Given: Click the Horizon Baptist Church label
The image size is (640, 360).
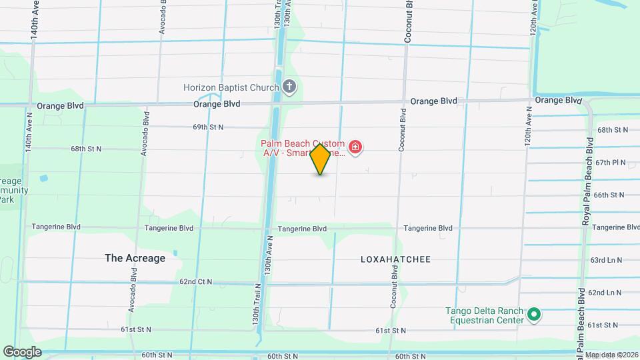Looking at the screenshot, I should (x=231, y=87).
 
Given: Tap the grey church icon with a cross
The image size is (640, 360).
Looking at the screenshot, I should (x=289, y=87).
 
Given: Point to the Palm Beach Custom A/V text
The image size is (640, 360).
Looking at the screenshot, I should (x=303, y=148).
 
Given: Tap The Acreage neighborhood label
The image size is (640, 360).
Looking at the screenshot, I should (x=135, y=258).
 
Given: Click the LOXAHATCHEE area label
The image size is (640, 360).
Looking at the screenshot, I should (x=396, y=259).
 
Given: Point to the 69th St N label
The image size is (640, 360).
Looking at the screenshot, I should (x=208, y=127).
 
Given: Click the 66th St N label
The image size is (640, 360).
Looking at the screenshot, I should (x=609, y=195).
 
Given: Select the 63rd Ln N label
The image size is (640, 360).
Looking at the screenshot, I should (x=606, y=260).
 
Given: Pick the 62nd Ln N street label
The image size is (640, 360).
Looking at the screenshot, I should (x=605, y=293).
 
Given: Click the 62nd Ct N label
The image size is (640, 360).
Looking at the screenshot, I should (x=196, y=282).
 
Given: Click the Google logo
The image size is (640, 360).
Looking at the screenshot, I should (x=22, y=351).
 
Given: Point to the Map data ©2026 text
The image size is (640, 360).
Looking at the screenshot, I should (x=611, y=355).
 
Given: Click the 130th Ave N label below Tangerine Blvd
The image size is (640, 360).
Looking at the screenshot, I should (x=268, y=255).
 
